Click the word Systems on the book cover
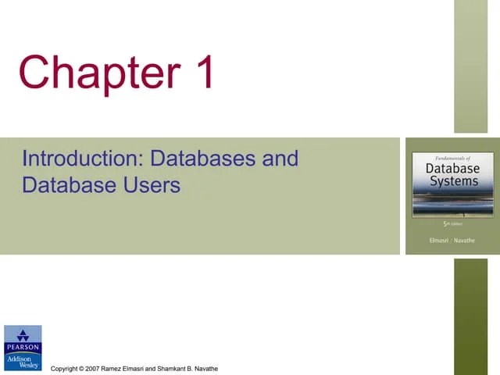(452, 181)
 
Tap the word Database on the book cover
(452, 167)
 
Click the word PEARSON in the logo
(23, 347)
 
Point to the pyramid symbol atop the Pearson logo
(23, 334)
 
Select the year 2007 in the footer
(92, 368)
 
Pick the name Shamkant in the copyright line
(173, 368)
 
